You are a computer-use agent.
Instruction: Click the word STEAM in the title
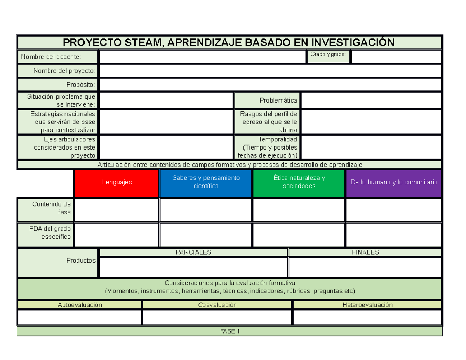pyautogui.click(x=141, y=42)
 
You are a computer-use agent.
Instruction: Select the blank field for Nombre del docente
pyautogui.click(x=202, y=57)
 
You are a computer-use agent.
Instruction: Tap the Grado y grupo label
pyautogui.click(x=328, y=54)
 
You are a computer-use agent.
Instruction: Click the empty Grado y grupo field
pyautogui.click(x=396, y=57)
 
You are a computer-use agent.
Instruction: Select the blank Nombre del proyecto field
pyautogui.click(x=270, y=71)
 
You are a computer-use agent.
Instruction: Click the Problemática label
pyautogui.click(x=278, y=101)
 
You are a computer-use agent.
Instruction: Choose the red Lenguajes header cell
pyautogui.click(x=116, y=182)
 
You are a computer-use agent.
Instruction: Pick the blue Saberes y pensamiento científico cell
pyautogui.click(x=206, y=182)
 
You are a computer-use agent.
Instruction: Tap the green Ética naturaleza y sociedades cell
pyautogui.click(x=299, y=182)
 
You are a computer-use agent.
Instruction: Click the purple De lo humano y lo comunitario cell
pyautogui.click(x=394, y=182)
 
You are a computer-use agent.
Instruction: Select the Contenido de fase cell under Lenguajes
pyautogui.click(x=116, y=210)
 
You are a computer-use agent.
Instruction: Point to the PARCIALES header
pyautogui.click(x=193, y=252)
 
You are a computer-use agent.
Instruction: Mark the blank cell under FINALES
pyautogui.click(x=365, y=267)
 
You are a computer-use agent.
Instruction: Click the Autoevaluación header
pyautogui.click(x=80, y=305)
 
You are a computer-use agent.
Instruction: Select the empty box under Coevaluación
pyautogui.click(x=217, y=317)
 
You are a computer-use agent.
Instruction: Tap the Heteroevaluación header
pyautogui.click(x=367, y=305)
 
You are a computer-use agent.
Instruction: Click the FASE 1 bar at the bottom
pyautogui.click(x=230, y=331)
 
